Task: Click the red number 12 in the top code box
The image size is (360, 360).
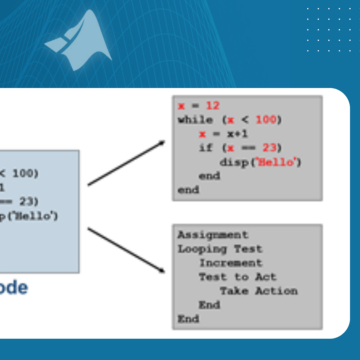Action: tap(212, 106)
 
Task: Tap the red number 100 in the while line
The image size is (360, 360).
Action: tap(266, 120)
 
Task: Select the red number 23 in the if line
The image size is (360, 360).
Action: tap(269, 148)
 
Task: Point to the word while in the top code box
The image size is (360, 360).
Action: tap(195, 120)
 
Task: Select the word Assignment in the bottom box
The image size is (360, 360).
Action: tap(213, 235)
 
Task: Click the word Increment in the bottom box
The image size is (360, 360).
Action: tap(231, 263)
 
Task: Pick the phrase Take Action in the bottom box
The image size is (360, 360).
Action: tap(259, 291)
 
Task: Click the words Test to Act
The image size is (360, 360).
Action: tap(237, 277)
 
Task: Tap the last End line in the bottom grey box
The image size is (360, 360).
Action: tap(188, 319)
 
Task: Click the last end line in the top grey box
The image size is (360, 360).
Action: tap(188, 190)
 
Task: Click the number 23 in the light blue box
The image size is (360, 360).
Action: tap(28, 202)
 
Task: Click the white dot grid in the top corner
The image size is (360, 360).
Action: tap(328, 30)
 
